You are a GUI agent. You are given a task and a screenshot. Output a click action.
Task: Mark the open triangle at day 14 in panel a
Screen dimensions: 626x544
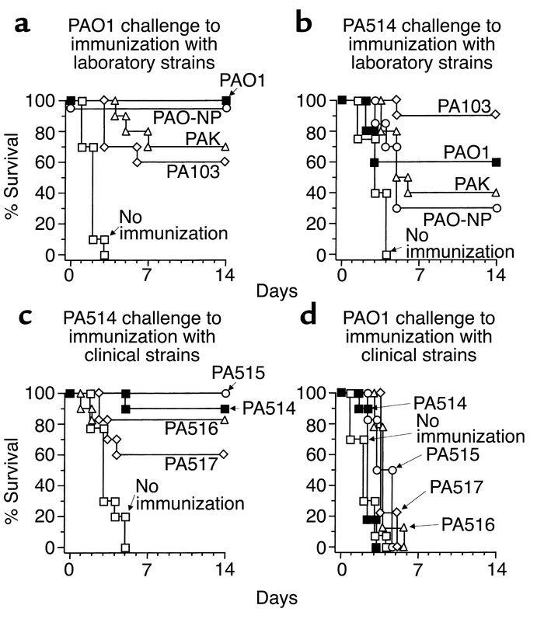coord(225,146)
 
